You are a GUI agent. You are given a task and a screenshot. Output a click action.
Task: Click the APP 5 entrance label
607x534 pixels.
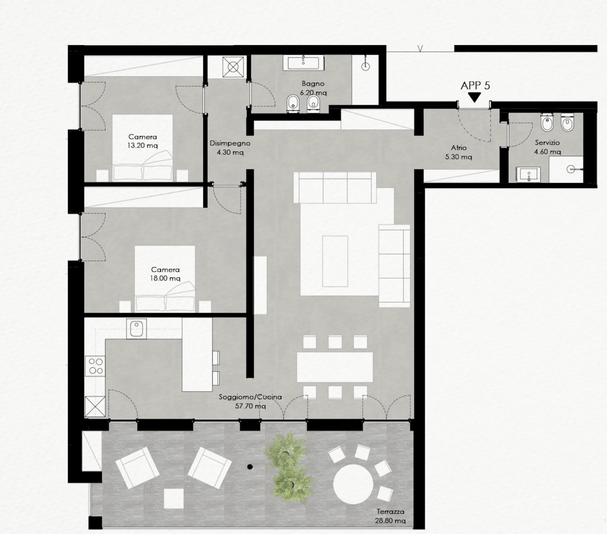point(475,86)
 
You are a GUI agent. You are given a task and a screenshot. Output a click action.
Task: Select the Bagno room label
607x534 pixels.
point(313,84)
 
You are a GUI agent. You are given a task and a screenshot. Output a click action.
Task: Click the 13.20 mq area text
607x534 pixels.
point(143,146)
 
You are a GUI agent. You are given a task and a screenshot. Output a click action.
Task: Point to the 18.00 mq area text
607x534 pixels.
point(165,279)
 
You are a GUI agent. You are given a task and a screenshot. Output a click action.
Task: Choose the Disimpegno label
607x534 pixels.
point(230,143)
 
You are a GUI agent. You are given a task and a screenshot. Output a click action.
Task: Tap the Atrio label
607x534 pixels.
point(459,147)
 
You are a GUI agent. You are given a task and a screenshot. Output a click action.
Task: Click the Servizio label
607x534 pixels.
point(547,143)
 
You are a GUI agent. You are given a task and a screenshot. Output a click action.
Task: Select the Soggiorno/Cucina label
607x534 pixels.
point(250,397)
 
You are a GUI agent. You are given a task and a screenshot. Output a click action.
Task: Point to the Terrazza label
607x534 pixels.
point(390,512)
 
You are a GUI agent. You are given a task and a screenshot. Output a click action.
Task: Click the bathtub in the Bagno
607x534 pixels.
point(305,63)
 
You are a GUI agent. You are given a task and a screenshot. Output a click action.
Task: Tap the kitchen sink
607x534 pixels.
point(137,329)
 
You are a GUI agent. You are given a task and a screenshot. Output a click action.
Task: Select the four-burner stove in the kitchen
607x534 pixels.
point(95,366)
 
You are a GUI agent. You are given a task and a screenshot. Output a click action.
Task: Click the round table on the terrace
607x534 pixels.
point(353,482)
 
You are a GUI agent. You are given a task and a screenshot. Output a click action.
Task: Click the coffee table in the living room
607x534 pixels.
point(335,261)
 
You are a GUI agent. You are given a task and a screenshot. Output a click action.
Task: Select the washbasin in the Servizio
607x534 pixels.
point(528,175)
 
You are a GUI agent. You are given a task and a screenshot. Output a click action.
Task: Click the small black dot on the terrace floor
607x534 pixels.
point(250,467)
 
